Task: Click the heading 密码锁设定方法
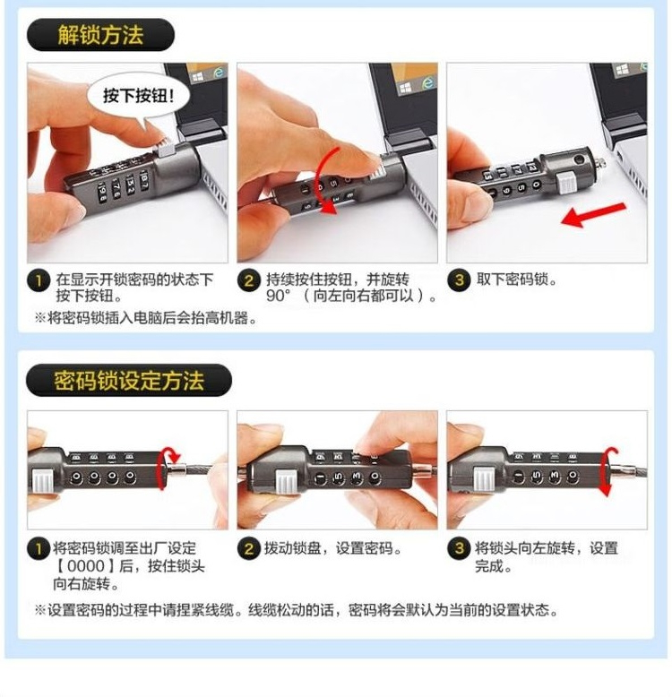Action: tap(129, 380)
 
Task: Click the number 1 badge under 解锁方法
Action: tap(39, 280)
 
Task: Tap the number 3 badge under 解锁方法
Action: tap(460, 280)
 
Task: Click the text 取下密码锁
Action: tap(517, 280)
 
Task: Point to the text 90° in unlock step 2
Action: tap(280, 297)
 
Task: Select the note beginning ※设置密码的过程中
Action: tap(296, 611)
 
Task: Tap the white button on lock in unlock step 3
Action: tap(565, 183)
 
